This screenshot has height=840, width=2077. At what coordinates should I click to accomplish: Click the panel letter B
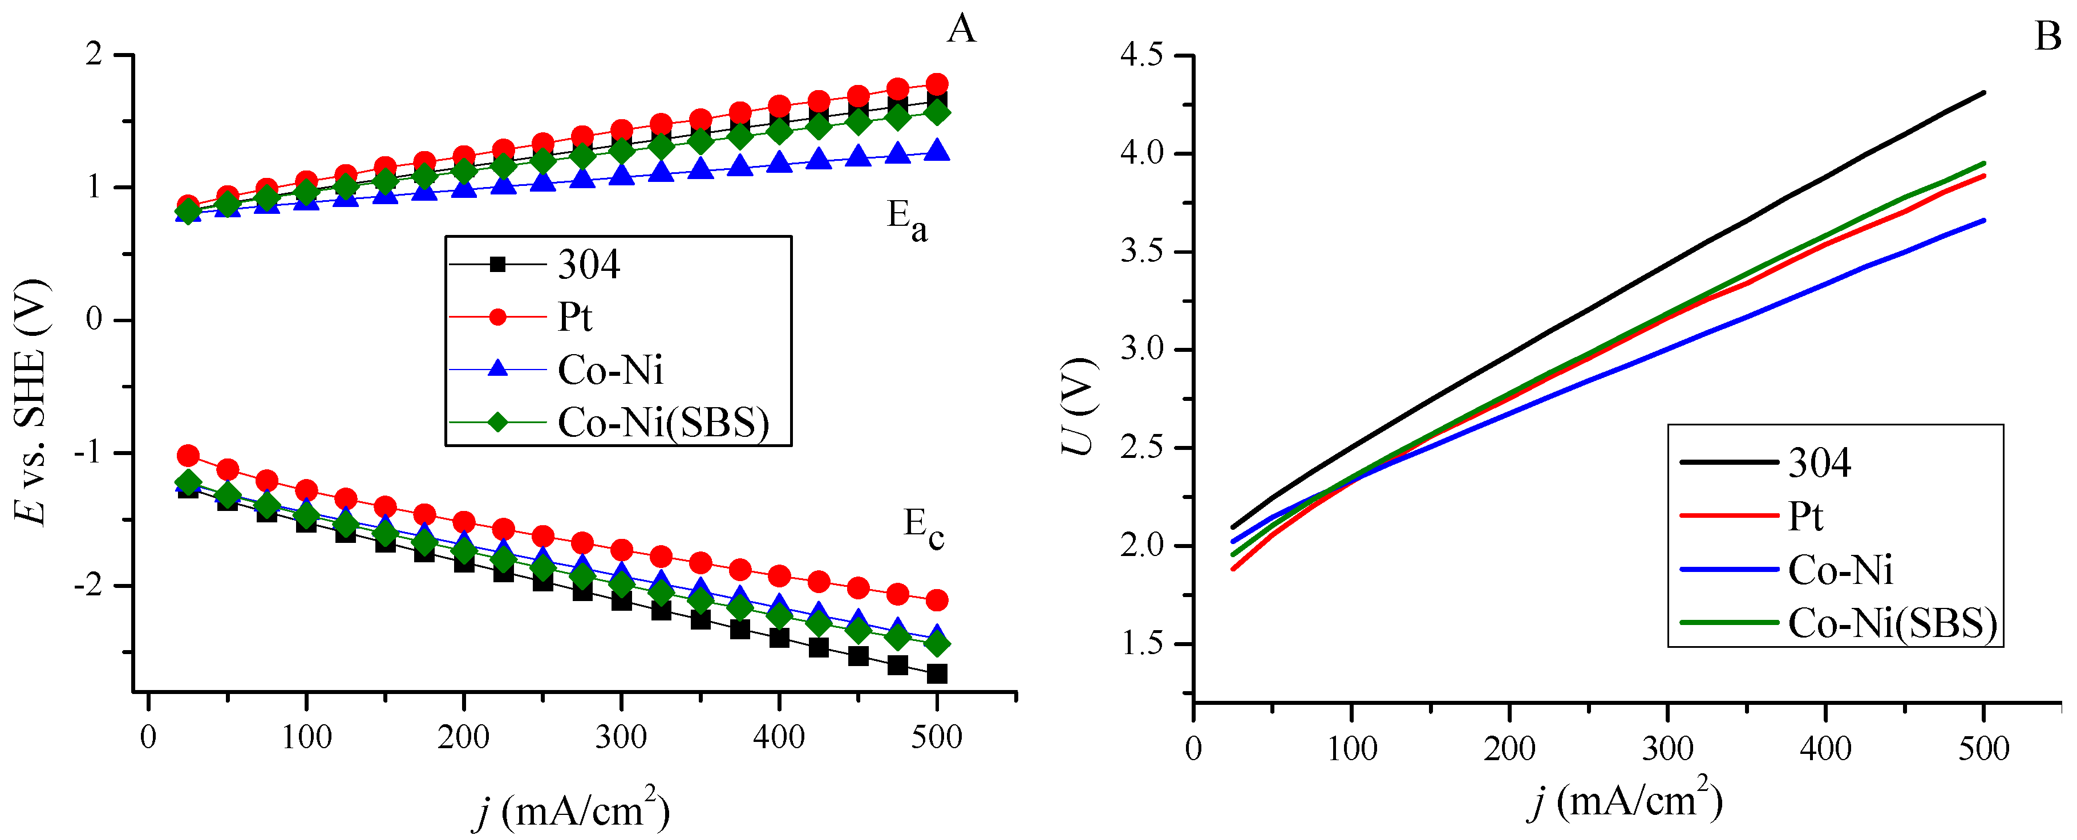coord(2048,36)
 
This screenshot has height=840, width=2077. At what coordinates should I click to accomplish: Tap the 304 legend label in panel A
coord(589,265)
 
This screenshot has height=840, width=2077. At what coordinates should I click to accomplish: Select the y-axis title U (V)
coord(1078,405)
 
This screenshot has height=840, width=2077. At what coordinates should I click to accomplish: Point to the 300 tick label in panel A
coord(621,737)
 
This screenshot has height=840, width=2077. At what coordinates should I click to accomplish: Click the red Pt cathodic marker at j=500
coord(937,600)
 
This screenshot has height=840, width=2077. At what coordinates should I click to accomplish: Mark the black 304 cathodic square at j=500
coord(937,673)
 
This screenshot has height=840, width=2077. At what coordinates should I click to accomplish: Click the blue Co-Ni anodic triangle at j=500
coord(937,150)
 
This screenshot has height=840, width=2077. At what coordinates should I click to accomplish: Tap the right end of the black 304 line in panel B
coord(1983,93)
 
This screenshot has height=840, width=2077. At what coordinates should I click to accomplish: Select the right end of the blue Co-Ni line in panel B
coord(1983,220)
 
